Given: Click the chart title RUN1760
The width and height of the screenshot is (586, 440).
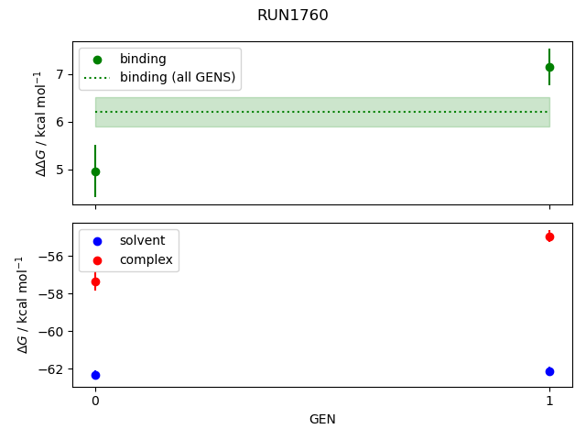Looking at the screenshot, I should tap(292, 15).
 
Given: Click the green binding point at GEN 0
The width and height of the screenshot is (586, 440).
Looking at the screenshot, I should tap(95, 171).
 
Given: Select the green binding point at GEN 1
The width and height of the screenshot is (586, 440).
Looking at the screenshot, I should tap(549, 67).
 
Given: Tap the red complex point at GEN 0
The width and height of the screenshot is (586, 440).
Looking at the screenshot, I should tap(95, 281).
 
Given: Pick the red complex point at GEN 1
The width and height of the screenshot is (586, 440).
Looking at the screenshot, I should tap(549, 236).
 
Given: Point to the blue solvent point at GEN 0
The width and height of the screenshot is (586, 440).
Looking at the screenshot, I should tap(95, 375).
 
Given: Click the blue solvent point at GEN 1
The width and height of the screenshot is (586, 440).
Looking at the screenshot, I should tap(549, 371).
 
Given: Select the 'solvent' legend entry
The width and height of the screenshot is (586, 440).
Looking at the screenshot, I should tap(142, 240).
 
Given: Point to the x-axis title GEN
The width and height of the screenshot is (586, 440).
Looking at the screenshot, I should tap(322, 419).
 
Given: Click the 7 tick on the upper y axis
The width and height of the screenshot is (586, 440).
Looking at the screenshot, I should tap(60, 73).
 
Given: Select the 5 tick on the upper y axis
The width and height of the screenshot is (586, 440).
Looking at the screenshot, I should tap(60, 170).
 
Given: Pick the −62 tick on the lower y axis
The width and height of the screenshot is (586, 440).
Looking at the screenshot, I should tap(53, 369).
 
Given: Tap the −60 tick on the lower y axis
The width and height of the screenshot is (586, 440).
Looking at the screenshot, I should tap(53, 332).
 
